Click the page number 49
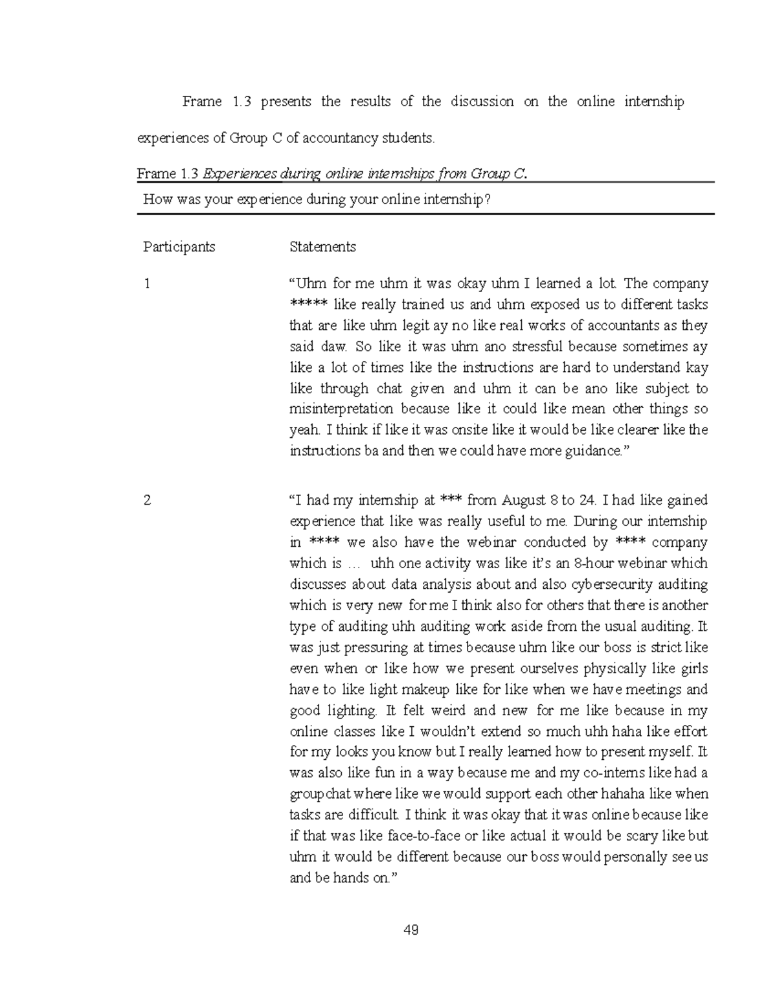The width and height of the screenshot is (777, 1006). coord(411,930)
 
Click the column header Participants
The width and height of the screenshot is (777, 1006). coord(179,247)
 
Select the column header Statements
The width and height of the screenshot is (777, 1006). coord(322,247)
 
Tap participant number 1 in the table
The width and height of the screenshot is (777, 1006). coord(148,284)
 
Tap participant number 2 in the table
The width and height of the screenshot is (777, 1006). coord(148,500)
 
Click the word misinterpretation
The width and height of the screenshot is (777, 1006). coord(341,409)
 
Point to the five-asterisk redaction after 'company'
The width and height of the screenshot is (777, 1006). coord(310,304)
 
